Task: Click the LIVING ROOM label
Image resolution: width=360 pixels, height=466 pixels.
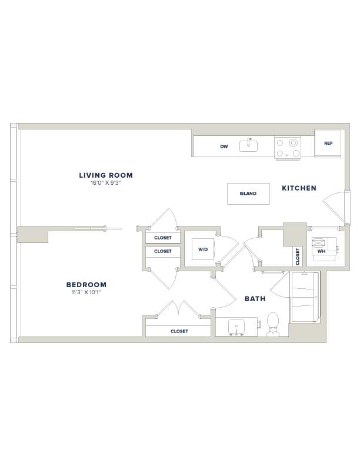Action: coord(106,175)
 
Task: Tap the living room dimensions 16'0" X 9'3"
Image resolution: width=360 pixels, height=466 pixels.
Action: coord(106,183)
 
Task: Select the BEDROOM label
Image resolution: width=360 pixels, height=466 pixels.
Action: coord(86,285)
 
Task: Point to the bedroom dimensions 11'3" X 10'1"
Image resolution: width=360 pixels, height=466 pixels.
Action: coord(86,292)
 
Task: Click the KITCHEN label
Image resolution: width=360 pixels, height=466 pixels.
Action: coord(299,188)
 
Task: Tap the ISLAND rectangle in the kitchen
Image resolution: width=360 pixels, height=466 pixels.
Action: coord(248,194)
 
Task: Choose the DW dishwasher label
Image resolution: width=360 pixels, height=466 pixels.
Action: coord(224,147)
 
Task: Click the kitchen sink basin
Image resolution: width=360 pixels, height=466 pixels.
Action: coord(249,146)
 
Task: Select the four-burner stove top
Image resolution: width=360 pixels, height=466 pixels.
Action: coord(288,148)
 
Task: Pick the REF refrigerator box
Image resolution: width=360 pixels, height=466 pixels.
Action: coord(328,144)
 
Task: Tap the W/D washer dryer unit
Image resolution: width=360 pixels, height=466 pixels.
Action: coord(203,249)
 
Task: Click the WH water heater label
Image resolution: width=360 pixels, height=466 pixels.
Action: coord(321,251)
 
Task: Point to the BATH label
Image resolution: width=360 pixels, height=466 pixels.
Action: coord(255,299)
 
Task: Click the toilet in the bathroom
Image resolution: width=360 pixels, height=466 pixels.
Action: coord(273,325)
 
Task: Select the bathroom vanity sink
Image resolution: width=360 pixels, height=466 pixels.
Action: coord(236,327)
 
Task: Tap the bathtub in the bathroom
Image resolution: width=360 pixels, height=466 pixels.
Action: coord(305,297)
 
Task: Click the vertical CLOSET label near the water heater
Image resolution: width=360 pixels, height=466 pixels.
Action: coord(297,257)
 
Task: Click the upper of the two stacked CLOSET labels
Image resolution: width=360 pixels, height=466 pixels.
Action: coord(163,238)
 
